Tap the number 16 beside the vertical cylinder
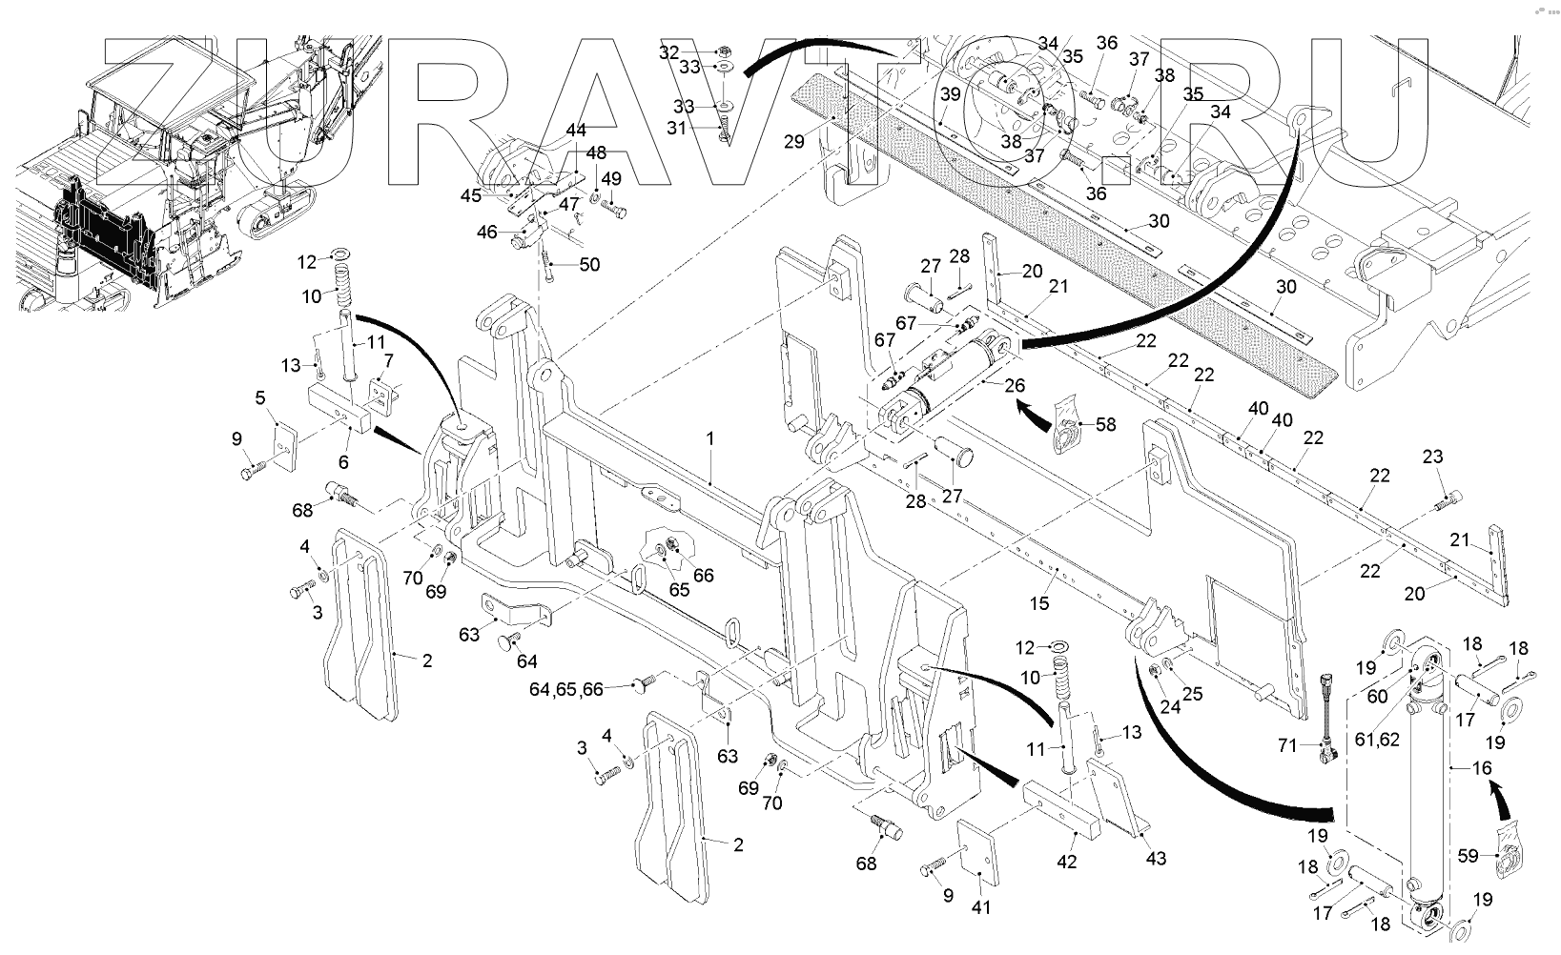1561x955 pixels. coord(1484,768)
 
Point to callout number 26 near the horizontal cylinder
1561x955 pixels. coord(1015,386)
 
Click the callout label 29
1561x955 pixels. coord(794,141)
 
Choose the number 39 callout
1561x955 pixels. coord(950,94)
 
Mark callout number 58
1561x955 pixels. coord(1104,424)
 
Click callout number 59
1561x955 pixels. coord(1469,856)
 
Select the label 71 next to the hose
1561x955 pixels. coord(1287,745)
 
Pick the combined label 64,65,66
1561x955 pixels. coord(567,688)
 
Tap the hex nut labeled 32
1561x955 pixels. coord(723,50)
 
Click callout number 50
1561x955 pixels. coord(589,264)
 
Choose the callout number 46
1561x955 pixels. coord(486,232)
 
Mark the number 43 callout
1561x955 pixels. coord(1155,859)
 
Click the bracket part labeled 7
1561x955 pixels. coord(383,395)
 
